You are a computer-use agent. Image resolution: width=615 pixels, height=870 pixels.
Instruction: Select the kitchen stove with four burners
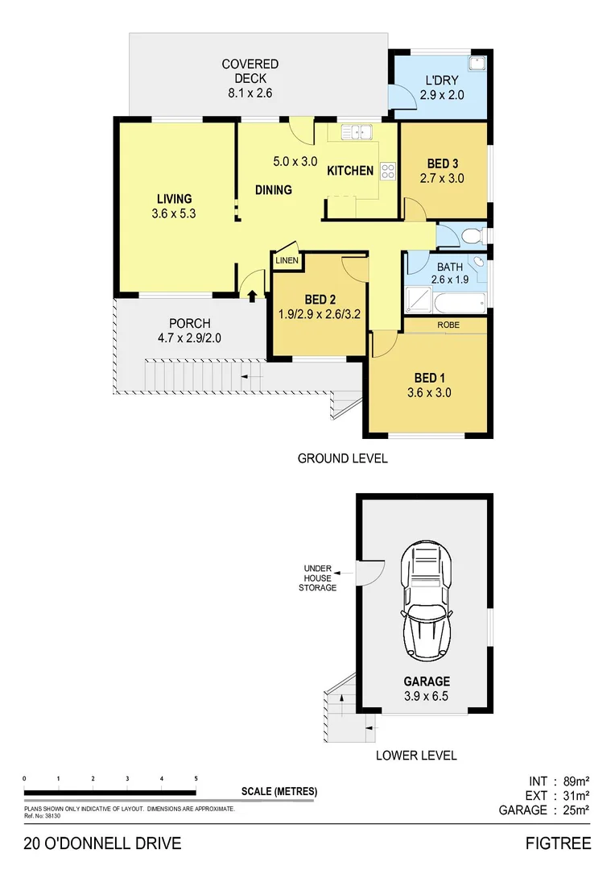(388, 171)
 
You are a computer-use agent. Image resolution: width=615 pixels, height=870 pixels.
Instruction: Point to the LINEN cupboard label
(287, 260)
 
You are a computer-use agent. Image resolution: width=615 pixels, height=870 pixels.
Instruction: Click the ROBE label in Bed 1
(448, 324)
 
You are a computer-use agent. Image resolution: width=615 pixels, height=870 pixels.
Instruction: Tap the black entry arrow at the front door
(252, 296)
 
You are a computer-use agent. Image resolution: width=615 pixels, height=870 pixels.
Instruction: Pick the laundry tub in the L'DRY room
(477, 64)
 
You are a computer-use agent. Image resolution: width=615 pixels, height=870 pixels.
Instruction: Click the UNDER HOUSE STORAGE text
(319, 578)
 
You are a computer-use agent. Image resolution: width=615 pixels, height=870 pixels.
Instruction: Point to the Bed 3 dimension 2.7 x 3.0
(442, 179)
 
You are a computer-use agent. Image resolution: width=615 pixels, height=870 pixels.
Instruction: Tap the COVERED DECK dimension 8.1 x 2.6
(250, 93)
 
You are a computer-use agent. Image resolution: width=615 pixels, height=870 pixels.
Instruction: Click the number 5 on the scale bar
(196, 779)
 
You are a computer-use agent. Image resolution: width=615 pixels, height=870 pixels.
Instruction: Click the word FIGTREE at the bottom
(558, 843)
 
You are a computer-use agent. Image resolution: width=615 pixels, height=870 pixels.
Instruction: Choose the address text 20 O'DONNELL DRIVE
(102, 843)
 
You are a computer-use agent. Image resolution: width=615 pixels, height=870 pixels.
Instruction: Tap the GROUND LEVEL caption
(342, 458)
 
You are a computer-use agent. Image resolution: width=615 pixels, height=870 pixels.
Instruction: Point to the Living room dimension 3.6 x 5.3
(174, 214)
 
